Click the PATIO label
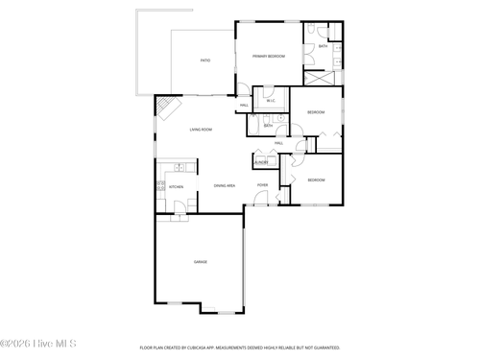click(204, 60)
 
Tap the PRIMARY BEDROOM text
click(269, 57)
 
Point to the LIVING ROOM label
click(201, 130)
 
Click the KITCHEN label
click(176, 186)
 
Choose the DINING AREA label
click(225, 185)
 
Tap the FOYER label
click(262, 185)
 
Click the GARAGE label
click(201, 261)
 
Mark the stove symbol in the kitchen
click(161, 186)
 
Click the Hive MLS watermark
click(37, 343)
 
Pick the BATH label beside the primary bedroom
click(323, 46)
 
